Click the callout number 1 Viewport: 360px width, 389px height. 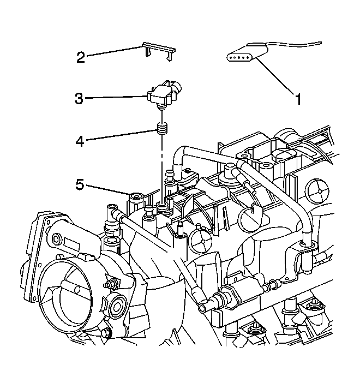click(298, 99)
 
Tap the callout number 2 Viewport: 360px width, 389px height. click(81, 57)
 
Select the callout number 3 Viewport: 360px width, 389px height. click(80, 99)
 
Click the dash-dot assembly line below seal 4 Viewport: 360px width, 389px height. click(162, 164)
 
